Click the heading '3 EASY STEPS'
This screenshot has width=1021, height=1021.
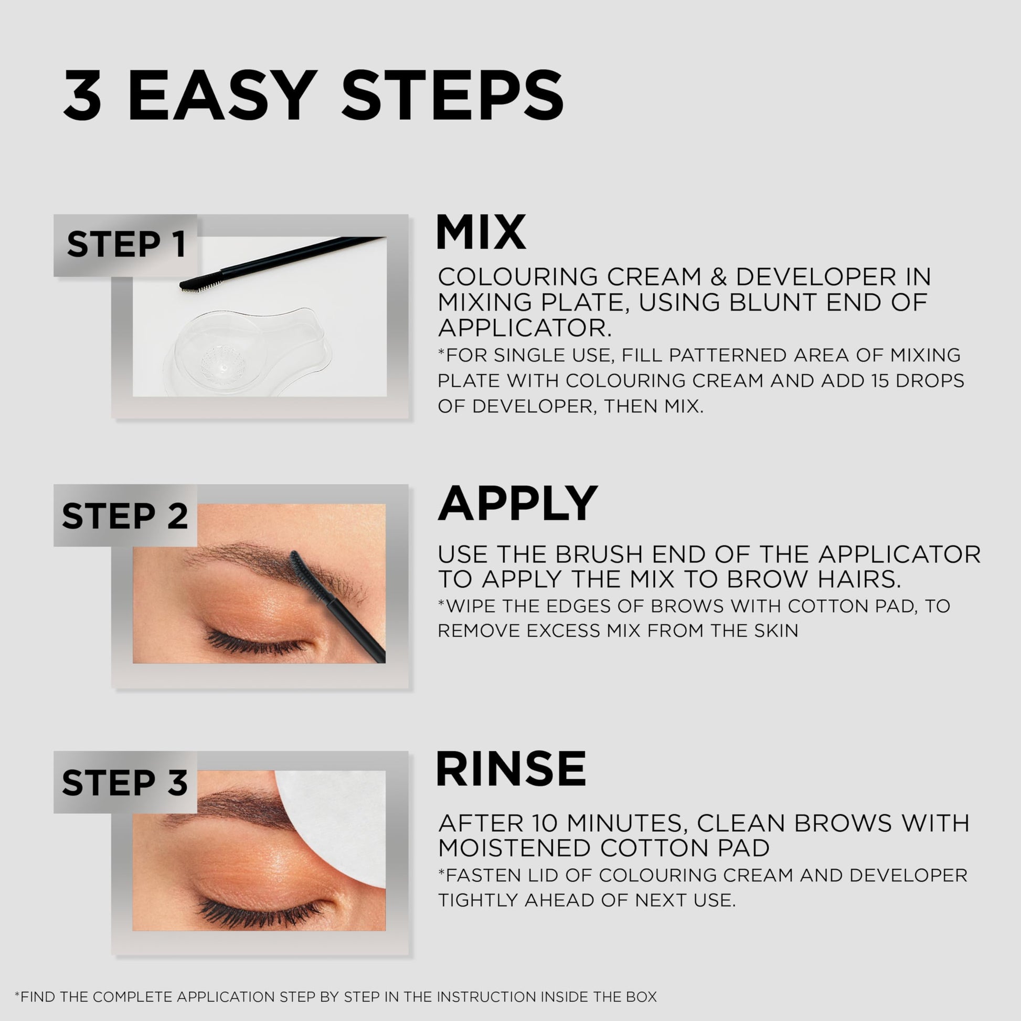tap(313, 95)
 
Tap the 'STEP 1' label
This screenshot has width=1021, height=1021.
tap(126, 244)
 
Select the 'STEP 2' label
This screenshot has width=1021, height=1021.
tap(125, 516)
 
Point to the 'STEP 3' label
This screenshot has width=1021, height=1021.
tap(125, 783)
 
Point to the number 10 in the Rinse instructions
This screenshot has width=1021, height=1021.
tap(545, 823)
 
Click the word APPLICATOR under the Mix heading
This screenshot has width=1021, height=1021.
tap(524, 328)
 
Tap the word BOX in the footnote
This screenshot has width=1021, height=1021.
tap(641, 997)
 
